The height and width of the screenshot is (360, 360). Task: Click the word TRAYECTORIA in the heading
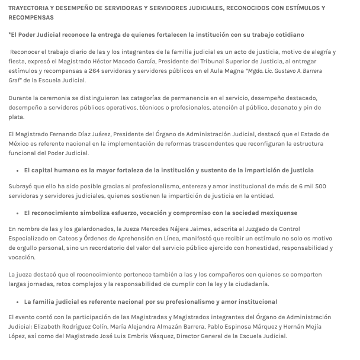click(29, 8)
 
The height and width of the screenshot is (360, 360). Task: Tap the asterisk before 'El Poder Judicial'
click(10, 35)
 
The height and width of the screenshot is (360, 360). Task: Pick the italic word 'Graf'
click(15, 81)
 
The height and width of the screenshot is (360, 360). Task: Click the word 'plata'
click(17, 117)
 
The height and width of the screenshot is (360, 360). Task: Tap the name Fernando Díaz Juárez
click(88, 135)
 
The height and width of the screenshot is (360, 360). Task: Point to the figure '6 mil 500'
click(312, 187)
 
